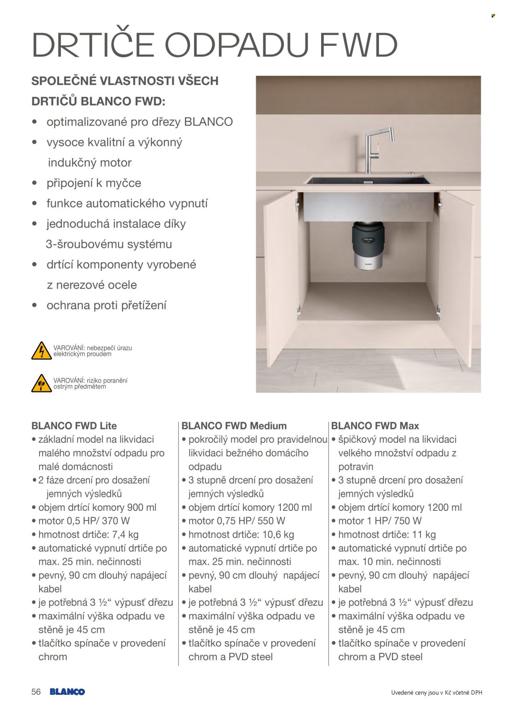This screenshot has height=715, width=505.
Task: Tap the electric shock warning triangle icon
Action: pos(41,351)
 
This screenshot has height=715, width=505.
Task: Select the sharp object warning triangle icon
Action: pos(41,383)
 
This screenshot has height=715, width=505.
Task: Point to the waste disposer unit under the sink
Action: pos(368,246)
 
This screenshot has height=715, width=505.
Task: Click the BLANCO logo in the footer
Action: pos(67,692)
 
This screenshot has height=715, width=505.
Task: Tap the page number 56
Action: pos(36,692)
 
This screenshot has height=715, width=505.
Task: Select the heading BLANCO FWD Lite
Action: pos(74,426)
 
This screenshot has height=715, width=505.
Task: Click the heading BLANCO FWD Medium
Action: pos(234,426)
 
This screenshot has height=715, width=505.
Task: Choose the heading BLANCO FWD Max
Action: pos(375,426)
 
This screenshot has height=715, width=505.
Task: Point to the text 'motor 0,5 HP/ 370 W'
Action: pos(84,521)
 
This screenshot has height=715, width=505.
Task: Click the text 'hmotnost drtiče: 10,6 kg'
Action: pos(241,535)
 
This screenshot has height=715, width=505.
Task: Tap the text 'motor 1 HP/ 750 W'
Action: pos(380,521)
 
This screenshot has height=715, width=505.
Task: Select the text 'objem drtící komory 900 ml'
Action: pos(97,508)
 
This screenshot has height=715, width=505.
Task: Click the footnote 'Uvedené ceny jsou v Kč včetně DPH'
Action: pos(436,693)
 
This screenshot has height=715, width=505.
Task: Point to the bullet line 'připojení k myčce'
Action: pos(94,183)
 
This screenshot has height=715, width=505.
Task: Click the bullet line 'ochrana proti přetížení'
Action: pos(106,305)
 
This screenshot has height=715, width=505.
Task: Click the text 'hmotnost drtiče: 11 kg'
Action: pos(387,535)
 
